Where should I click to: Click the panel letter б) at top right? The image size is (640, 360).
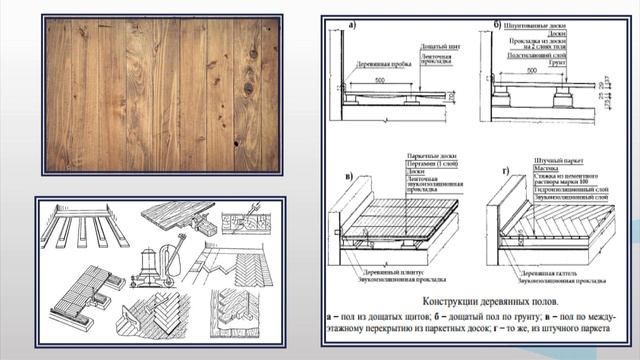pos(495,24)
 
